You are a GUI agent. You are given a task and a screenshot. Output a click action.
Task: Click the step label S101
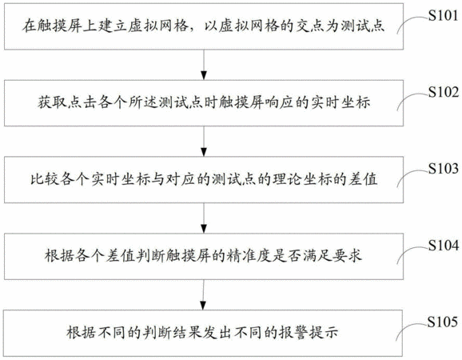[x=443, y=15]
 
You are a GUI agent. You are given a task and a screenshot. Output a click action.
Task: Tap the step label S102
[x=443, y=92]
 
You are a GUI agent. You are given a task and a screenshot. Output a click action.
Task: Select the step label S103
[x=443, y=169]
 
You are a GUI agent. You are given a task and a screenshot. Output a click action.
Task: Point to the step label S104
[x=443, y=246]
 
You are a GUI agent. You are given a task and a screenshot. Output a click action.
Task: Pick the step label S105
[x=443, y=322]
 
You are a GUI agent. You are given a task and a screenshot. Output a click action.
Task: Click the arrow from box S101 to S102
[x=204, y=65]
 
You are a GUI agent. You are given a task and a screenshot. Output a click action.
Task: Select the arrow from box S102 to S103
[x=204, y=142]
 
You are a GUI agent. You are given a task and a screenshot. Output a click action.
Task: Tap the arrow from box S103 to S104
[x=204, y=218]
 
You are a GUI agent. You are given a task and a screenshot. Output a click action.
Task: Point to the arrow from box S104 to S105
[x=203, y=294]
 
